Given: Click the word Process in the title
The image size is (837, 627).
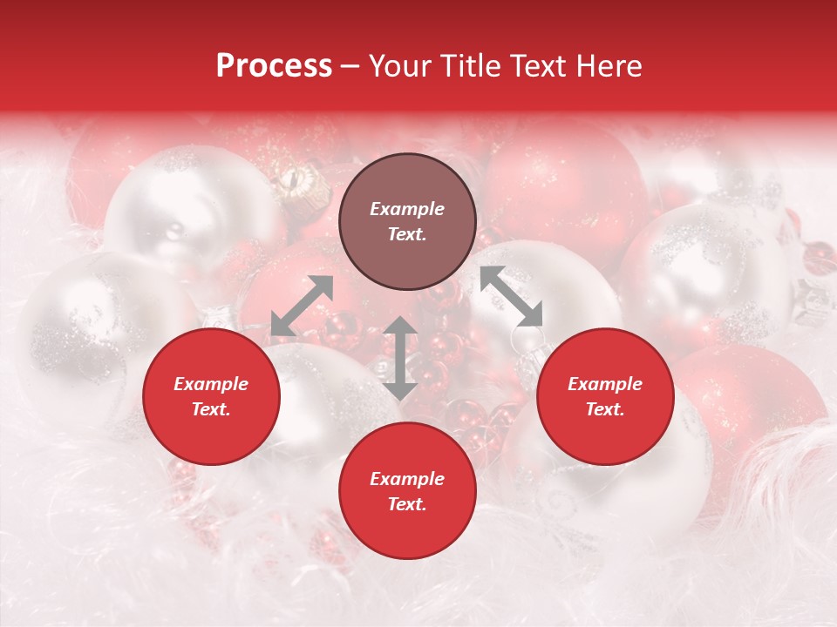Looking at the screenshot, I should (x=274, y=65).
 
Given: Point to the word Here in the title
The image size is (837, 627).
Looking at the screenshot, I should (x=610, y=65).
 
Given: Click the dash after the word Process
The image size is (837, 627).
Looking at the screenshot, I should (x=350, y=67).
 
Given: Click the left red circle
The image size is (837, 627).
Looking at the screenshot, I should (x=211, y=396).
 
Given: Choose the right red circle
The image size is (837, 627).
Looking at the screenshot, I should (x=604, y=396).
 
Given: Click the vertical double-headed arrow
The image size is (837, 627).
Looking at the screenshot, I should (x=400, y=358).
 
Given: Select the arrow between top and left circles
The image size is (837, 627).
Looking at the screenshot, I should (x=302, y=306).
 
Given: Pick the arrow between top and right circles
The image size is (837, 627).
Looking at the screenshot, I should (x=511, y=296).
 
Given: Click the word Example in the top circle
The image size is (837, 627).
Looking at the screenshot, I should (x=407, y=209).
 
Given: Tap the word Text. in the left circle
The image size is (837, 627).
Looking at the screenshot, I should (x=211, y=409).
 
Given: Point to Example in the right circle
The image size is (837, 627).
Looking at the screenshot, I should (x=604, y=384).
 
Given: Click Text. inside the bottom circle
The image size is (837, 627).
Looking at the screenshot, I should (x=407, y=504).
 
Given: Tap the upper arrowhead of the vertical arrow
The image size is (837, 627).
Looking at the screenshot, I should (x=400, y=327).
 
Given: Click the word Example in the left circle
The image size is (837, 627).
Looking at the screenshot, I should (x=211, y=384).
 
